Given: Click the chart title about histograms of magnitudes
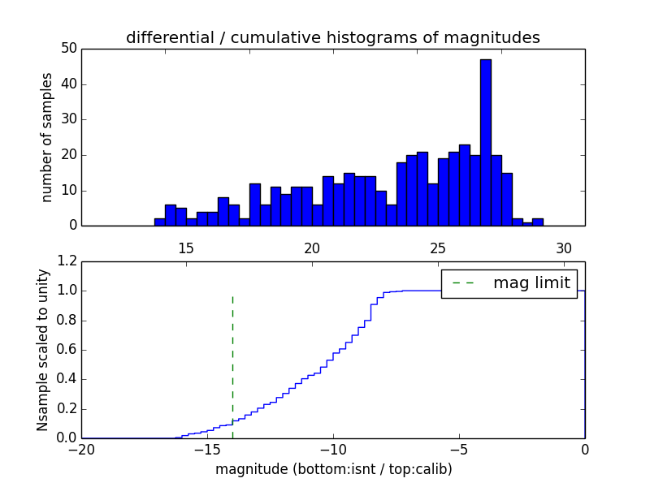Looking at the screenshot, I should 332,37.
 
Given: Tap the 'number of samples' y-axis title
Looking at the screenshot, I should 47,137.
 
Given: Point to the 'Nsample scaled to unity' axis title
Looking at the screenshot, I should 42,350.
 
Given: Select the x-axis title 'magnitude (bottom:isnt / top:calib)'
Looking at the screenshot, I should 333,469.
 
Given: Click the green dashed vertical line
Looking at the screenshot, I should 232,357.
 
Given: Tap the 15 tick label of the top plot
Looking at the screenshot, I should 185,248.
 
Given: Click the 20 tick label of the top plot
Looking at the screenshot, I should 312,248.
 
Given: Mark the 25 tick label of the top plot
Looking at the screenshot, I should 438,248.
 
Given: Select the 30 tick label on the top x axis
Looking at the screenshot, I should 564,248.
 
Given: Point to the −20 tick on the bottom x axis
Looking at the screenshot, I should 81,450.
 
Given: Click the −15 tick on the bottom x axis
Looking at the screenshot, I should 207,450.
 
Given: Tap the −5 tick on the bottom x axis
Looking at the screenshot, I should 458,450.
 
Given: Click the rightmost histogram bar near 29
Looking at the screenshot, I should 538,222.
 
